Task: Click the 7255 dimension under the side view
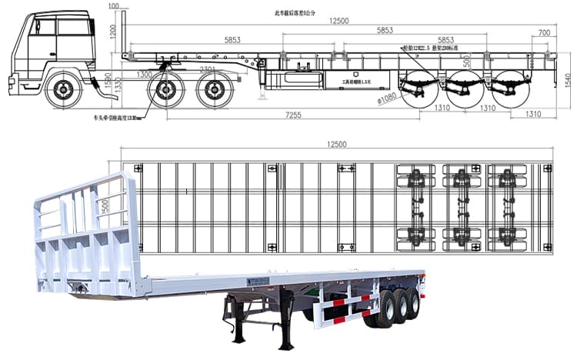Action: [293, 115]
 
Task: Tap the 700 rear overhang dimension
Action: [544, 32]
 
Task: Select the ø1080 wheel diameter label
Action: [385, 97]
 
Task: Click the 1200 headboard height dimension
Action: [112, 32]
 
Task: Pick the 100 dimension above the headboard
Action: [114, 6]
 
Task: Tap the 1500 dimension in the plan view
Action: [105, 207]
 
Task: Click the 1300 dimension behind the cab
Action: [144, 75]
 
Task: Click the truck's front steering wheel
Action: [63, 90]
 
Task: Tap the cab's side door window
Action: [43, 28]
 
